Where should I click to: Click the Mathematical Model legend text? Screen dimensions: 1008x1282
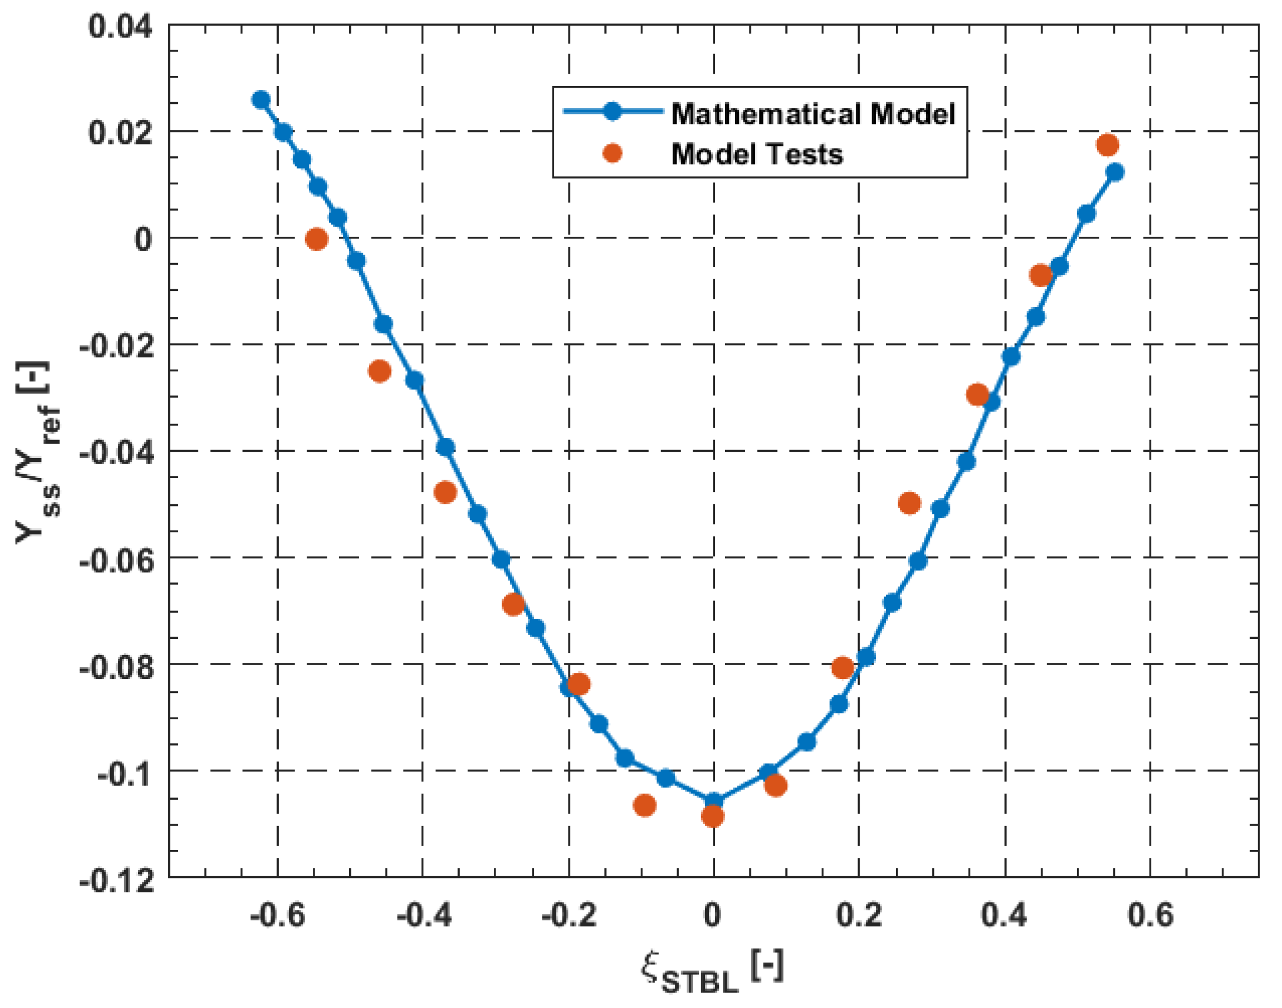(813, 113)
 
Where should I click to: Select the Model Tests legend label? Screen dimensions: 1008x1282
(757, 154)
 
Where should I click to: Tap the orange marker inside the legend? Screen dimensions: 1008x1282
(612, 154)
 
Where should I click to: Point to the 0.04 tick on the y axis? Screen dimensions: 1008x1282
(120, 27)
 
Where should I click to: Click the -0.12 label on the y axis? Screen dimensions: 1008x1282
(116, 882)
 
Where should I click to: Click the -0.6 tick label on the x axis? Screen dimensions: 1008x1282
(277, 915)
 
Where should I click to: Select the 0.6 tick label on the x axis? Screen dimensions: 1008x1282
(1150, 915)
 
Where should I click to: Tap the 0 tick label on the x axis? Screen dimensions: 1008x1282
(712, 915)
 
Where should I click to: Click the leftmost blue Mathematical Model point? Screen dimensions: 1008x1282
(260, 100)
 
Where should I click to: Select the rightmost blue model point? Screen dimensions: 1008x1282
(1114, 173)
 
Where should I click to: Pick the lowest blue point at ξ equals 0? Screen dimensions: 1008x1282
(713, 801)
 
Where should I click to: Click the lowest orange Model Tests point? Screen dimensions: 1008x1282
(713, 816)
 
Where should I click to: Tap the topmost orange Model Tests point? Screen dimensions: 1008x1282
(1107, 145)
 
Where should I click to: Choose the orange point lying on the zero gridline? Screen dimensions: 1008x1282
(317, 239)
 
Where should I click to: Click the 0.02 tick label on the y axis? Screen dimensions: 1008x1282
(120, 133)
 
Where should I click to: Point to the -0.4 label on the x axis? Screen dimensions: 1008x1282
(423, 915)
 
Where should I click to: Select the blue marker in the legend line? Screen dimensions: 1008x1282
(612, 111)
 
